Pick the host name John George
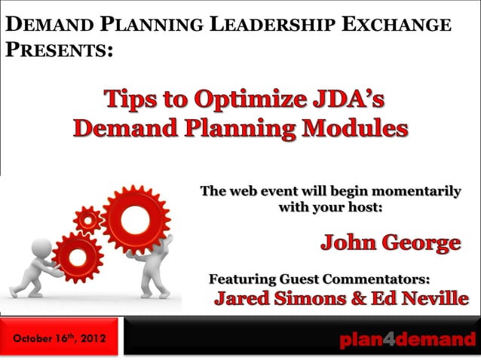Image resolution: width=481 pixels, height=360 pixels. click(391, 243)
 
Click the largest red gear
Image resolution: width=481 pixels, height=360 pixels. click(136, 221)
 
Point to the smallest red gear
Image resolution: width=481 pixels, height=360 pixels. click(89, 220)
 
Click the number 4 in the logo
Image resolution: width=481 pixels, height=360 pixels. click(388, 340)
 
